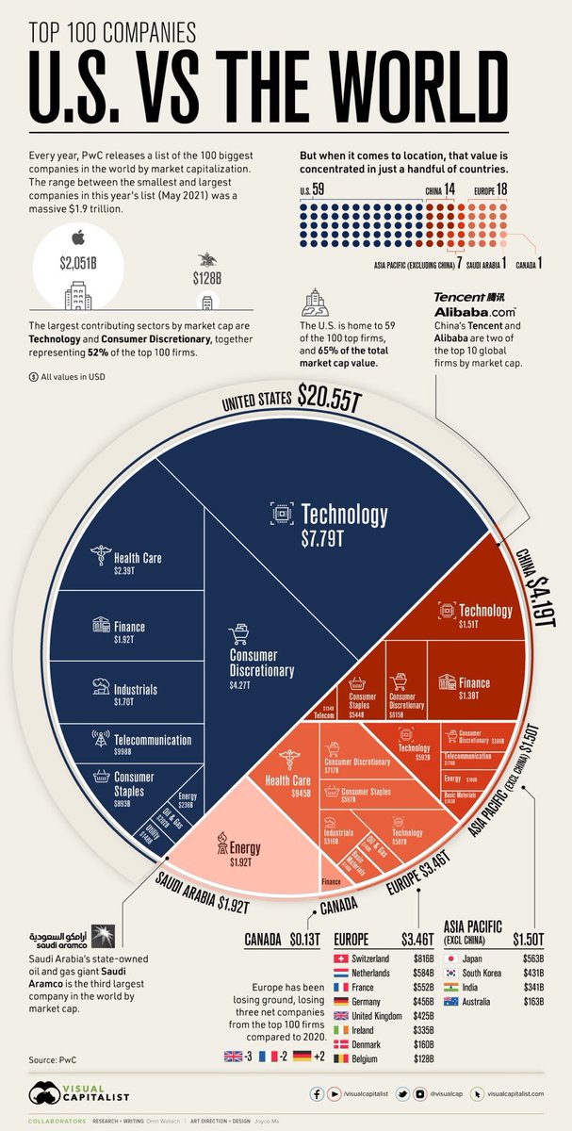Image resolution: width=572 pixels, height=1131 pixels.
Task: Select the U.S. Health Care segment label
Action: (x=138, y=558)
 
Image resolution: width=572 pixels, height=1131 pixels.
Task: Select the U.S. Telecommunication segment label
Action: (x=139, y=740)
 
